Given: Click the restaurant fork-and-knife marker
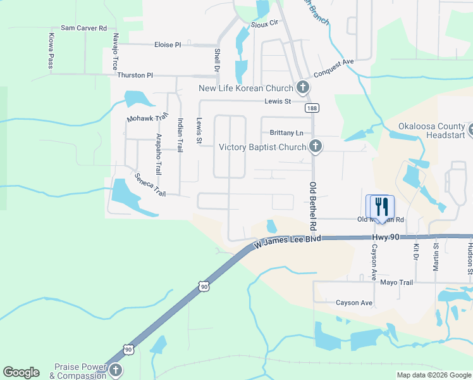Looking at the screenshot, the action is [x=380, y=206].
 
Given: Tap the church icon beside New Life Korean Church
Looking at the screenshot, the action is [x=303, y=88].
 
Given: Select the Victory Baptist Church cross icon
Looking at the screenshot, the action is [x=316, y=147].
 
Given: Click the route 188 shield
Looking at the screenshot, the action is [x=312, y=108].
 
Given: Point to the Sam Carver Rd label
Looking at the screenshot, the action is [x=83, y=28].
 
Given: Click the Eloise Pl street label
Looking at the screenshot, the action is [x=168, y=45].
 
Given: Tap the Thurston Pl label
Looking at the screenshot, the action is [x=135, y=75].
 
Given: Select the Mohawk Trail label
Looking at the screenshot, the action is [x=147, y=117].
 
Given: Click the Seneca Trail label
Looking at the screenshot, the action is [x=149, y=184].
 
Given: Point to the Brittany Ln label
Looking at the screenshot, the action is [x=286, y=133].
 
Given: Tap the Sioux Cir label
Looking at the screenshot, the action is [x=265, y=22].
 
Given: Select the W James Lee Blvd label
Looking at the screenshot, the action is [x=288, y=239].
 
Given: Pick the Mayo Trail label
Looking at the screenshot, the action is [x=396, y=282].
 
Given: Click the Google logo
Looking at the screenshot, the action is [x=21, y=372].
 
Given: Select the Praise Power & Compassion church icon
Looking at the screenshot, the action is [x=114, y=370].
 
